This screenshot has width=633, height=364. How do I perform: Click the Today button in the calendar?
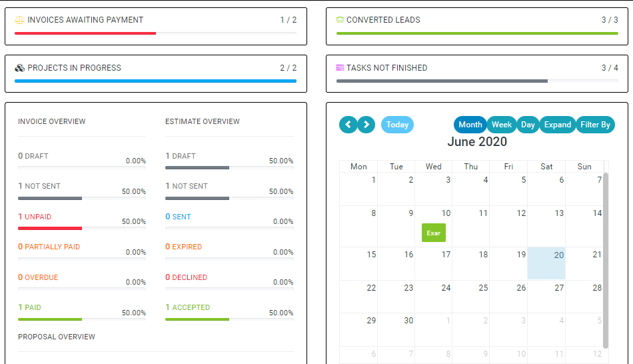[397, 125]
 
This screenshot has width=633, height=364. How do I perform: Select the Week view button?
[502, 125]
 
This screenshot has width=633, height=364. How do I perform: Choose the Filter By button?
[595, 125]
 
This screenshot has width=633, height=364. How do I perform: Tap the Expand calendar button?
[557, 125]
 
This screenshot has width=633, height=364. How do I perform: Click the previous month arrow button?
[348, 125]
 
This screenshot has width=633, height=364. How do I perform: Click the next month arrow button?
[366, 125]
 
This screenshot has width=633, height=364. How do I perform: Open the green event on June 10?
[434, 233]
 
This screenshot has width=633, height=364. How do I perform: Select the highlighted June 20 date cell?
[546, 263]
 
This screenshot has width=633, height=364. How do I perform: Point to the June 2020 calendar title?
[477, 142]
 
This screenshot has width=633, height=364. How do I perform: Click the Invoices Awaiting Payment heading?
[85, 20]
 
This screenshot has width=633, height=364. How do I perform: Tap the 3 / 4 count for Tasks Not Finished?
[610, 68]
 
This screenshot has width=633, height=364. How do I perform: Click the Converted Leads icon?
[340, 20]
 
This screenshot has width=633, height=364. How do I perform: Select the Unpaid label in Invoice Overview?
[38, 217]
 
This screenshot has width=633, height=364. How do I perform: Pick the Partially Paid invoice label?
[52, 247]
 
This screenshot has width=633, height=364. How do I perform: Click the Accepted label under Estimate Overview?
[191, 307]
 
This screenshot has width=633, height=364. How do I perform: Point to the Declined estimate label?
[189, 277]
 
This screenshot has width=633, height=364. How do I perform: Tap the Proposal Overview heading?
[57, 337]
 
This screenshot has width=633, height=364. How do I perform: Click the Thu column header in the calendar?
[470, 167]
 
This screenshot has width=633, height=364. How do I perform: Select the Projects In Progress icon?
[19, 68]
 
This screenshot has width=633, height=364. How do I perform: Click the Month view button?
[470, 125]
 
